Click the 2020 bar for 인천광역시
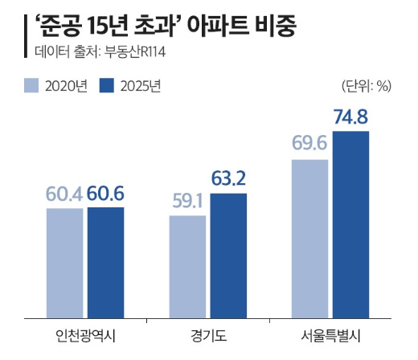coord(64,262)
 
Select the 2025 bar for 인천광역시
coord(105,261)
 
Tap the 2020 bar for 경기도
coord(188,265)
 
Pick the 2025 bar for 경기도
coord(229,255)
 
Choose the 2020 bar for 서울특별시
coord(309,238)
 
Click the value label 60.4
coord(64,195)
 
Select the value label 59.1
coord(189,202)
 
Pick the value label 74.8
coord(351,118)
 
